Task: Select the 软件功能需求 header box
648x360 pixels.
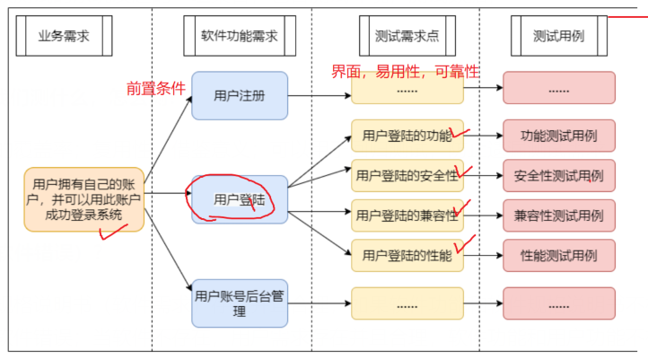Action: (239, 38)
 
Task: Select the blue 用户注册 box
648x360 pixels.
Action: (239, 96)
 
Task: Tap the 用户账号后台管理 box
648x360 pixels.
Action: (239, 303)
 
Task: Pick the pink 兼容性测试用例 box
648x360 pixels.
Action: (558, 215)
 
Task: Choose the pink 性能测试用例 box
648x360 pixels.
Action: (558, 256)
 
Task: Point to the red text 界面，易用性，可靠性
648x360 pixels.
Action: (405, 71)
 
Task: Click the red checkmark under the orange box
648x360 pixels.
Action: (112, 234)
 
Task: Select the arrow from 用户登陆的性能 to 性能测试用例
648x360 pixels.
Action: (483, 256)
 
